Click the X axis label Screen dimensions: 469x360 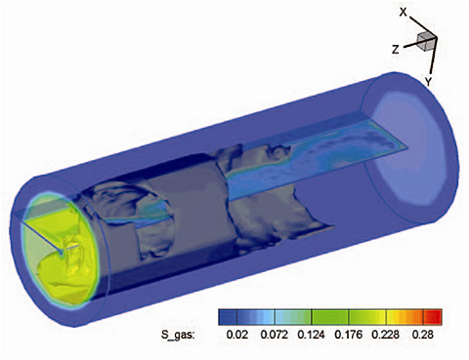coord(404,13)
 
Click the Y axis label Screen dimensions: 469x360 coord(428,82)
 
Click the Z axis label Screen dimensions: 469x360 coord(395,50)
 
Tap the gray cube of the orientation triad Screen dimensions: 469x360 coord(426,42)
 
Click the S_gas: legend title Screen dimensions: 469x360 coord(178,335)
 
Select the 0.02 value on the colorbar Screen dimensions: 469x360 coord(236,335)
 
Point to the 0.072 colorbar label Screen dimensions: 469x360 coord(274,335)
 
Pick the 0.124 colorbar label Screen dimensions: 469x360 coord(312,335)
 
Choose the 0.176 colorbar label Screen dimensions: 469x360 coord(349,335)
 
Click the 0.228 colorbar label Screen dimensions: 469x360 coord(386,335)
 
